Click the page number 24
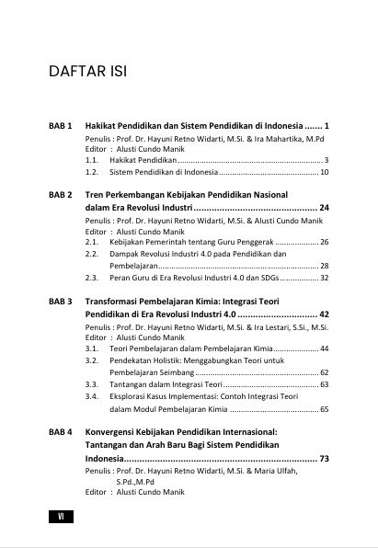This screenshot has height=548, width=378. [324, 208]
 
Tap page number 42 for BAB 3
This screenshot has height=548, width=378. [324, 314]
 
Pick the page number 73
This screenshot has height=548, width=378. [324, 457]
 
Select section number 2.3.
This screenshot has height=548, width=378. [92, 277]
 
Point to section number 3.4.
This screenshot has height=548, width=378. [92, 396]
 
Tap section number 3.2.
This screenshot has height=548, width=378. [92, 360]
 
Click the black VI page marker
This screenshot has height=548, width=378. [60, 517]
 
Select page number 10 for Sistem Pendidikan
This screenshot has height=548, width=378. [325, 172]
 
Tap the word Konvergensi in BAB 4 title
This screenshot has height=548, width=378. [114, 430]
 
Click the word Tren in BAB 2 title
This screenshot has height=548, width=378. [94, 195]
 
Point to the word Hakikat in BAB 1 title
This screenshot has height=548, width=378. [102, 125]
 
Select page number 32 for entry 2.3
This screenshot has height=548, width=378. [325, 277]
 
